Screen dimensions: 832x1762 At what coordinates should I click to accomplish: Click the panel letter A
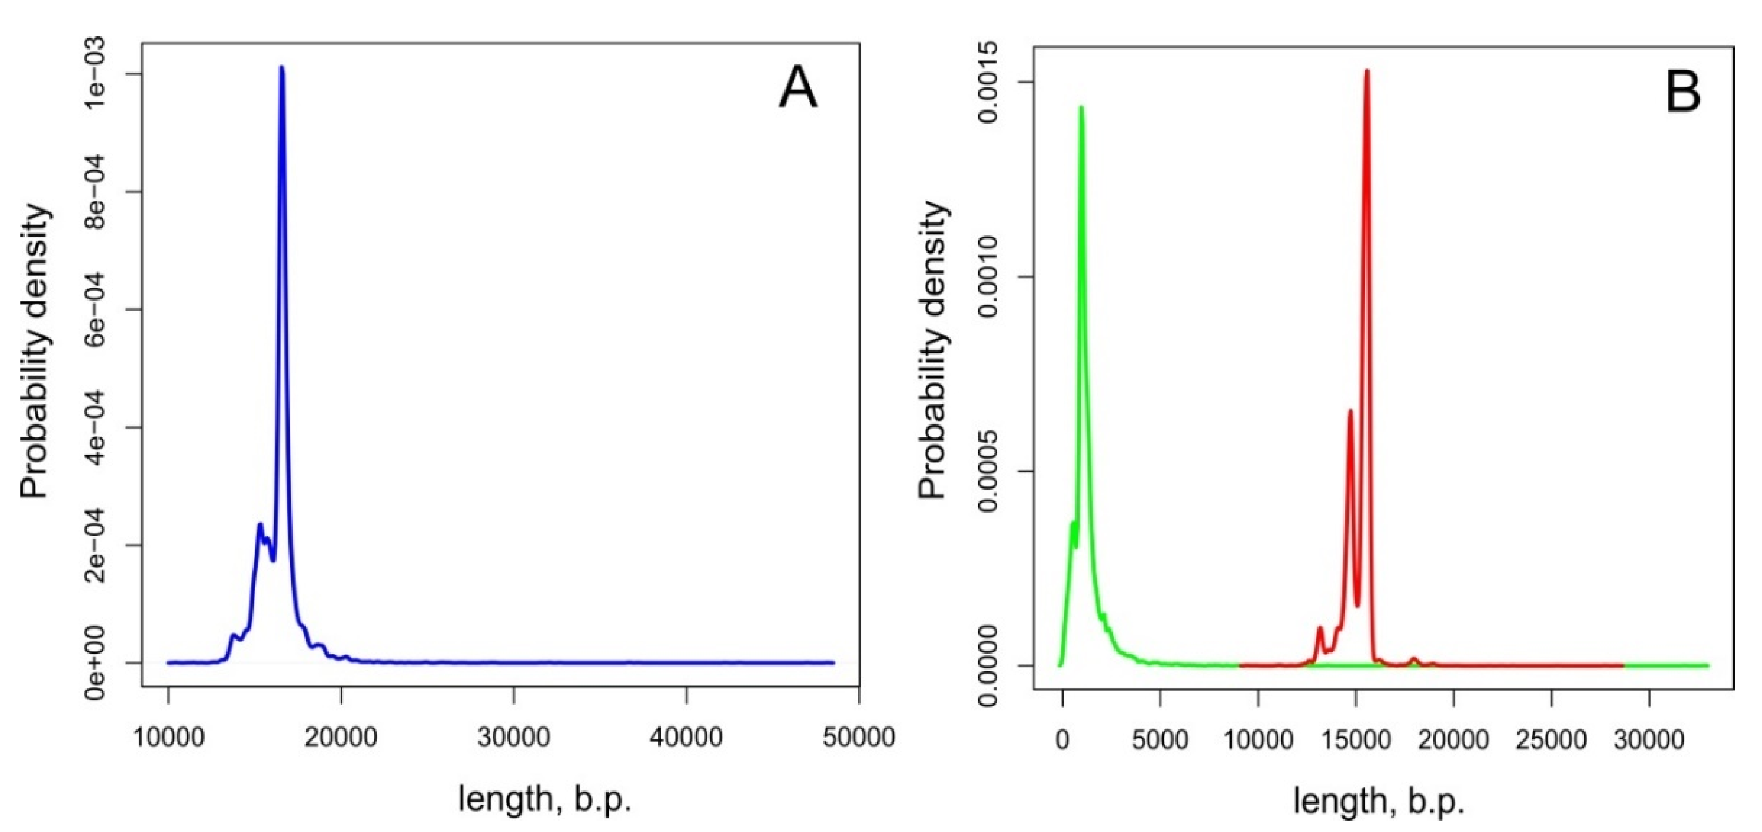(x=798, y=89)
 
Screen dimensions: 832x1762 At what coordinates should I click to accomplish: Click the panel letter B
(x=1683, y=92)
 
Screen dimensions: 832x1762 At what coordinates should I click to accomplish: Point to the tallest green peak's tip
(x=1081, y=107)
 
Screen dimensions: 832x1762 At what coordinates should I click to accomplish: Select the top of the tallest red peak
(x=1367, y=71)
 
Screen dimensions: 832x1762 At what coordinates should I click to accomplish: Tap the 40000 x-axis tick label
(x=686, y=738)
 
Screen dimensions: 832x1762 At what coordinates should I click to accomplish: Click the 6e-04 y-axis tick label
(x=94, y=309)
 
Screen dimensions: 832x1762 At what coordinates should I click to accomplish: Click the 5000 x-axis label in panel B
(x=1159, y=740)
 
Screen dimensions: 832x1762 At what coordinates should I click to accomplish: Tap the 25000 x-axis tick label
(x=1551, y=740)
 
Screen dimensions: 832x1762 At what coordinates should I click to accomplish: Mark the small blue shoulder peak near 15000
(x=260, y=525)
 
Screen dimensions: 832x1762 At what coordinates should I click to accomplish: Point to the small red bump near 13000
(x=1320, y=629)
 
